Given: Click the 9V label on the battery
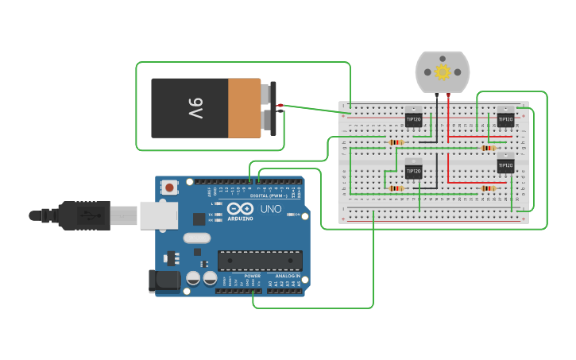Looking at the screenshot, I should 195,108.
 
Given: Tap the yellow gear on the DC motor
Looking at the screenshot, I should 443,72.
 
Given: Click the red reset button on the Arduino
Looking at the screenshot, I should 169,188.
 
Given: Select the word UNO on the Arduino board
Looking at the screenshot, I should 271,209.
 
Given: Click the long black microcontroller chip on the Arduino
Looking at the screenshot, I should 260,261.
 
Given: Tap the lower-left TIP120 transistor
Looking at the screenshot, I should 413,171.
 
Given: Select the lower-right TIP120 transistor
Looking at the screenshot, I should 505,165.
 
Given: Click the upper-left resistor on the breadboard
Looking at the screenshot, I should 396,142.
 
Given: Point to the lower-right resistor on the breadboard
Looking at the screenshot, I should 488,188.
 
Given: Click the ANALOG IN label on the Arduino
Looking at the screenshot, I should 288,276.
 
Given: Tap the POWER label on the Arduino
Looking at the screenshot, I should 253,276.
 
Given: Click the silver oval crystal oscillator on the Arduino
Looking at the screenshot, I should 197,238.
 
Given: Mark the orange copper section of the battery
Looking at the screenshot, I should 244,108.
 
